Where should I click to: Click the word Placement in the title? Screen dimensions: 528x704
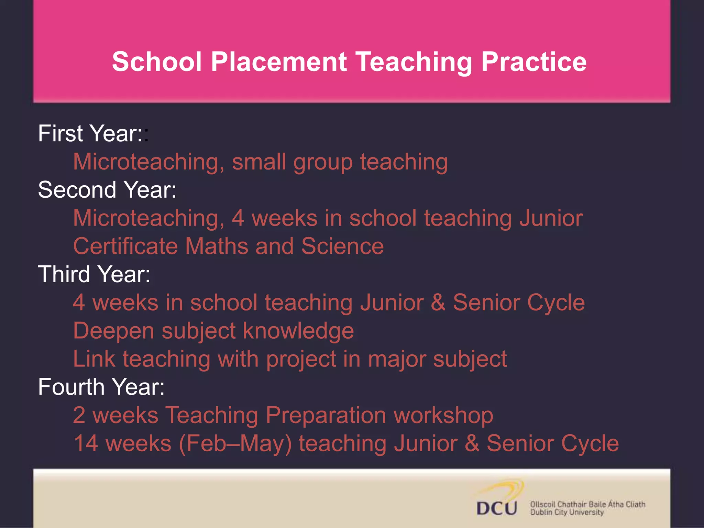coord(278,62)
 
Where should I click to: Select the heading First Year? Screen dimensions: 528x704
coord(90,133)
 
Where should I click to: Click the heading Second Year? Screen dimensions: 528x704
coord(107,190)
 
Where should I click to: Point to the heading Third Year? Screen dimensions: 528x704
coord(94,274)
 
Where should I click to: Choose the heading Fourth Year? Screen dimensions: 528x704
coord(101,387)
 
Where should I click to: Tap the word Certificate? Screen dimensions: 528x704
coord(125,246)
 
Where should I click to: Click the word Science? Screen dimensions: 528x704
coord(342,246)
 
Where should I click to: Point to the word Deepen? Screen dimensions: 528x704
coord(113,331)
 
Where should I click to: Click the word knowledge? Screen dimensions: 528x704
coord(298,331)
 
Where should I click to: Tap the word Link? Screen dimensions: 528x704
coord(94,359)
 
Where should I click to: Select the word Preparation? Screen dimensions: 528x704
coord(326,415)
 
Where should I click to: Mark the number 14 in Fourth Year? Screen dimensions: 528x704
coord(86,443)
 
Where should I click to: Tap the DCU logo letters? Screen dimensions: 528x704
coord(496,508)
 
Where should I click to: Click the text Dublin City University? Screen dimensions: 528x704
coord(566,513)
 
